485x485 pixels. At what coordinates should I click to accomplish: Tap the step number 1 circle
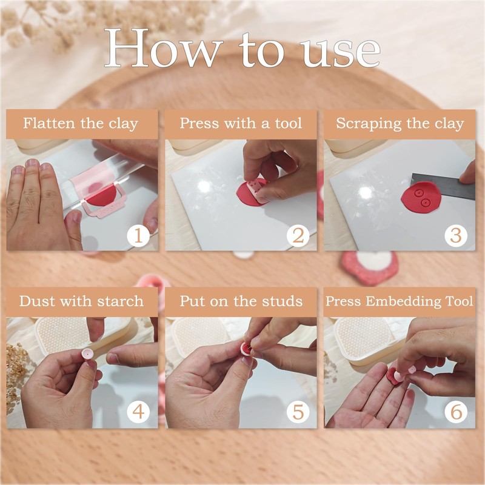pos(138,236)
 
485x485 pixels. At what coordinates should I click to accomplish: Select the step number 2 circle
pos(298,236)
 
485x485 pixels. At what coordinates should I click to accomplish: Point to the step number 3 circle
pos(456,236)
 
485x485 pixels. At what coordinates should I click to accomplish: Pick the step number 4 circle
pos(138,412)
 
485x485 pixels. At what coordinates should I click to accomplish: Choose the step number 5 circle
pos(298,412)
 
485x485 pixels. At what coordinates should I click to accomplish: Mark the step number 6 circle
pos(456,412)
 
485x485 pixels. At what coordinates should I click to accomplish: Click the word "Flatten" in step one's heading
pos(50,123)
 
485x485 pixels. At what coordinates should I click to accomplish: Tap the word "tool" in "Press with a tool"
pos(289,123)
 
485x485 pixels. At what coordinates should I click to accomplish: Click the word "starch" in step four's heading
pos(120,301)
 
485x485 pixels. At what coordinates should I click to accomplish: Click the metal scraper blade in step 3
pos(443,186)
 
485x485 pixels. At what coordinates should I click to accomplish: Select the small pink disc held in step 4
pos(87,354)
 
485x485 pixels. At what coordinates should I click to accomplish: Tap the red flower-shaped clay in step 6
pos(393,376)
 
